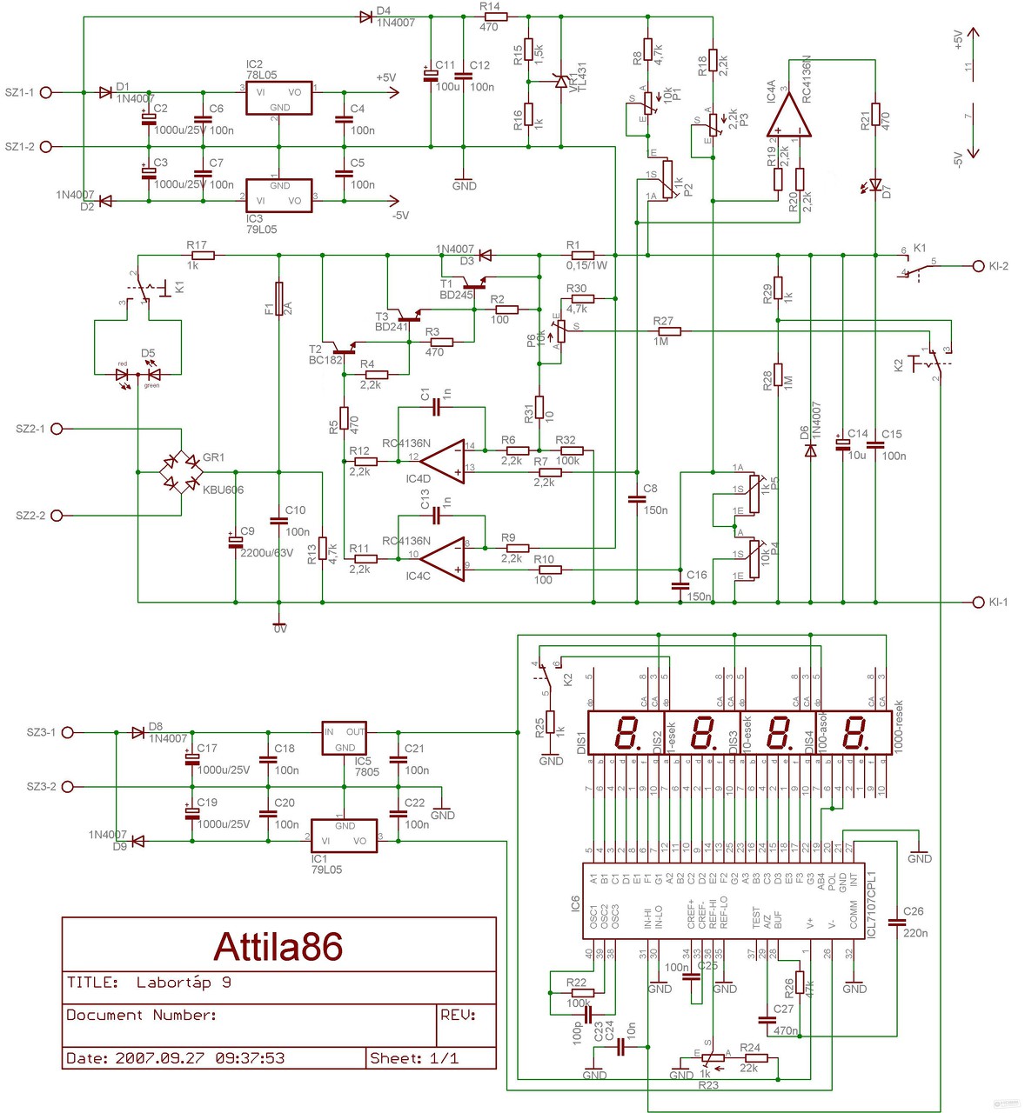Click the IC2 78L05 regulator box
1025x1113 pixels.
pos(278,98)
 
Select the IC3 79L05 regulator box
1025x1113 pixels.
pos(278,195)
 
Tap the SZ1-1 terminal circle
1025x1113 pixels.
pos(47,92)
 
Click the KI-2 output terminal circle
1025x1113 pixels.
pos(978,266)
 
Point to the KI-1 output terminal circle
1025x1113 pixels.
pos(978,602)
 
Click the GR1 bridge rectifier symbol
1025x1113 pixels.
pos(181,472)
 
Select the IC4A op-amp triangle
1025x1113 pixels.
pos(789,116)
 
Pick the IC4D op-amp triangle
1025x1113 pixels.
pos(444,461)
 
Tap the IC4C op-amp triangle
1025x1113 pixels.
pos(444,558)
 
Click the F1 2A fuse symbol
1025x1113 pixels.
pos(279,298)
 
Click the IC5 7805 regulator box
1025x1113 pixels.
pos(345,738)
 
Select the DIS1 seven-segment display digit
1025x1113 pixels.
pos(624,732)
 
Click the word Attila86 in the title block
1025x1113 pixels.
pos(278,947)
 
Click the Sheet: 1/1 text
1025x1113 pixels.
pos(414,1058)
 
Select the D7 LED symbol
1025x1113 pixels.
pos(875,185)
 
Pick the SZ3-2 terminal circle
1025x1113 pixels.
pos(68,787)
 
